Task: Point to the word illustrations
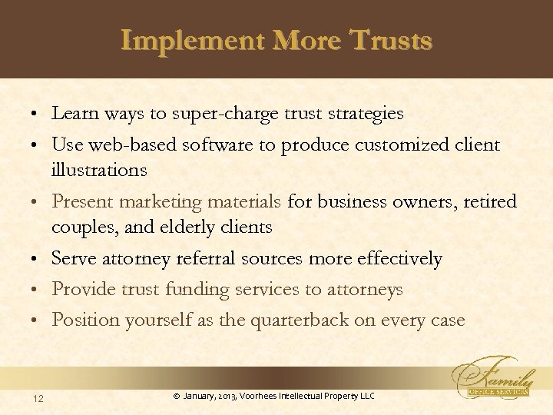pyautogui.click(x=100, y=169)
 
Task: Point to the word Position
pyautogui.click(x=82, y=319)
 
